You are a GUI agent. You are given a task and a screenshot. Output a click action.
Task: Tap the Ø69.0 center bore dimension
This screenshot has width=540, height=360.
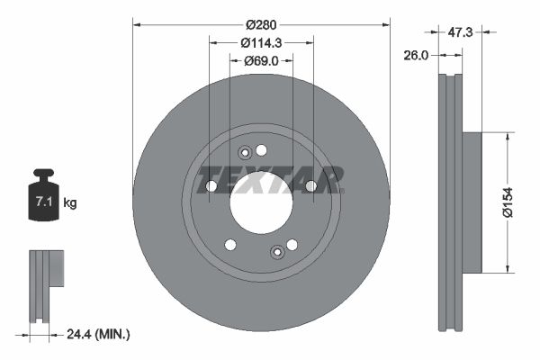pos(262,61)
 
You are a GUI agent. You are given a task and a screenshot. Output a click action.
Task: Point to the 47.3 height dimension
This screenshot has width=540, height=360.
pos(461,31)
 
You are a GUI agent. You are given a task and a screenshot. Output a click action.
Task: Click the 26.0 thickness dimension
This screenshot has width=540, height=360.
pos(417,55)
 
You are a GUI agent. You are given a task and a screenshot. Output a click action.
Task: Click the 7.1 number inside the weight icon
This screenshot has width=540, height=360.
pos(41,203)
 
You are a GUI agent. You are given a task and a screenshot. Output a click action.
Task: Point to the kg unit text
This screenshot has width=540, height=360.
pos(70,203)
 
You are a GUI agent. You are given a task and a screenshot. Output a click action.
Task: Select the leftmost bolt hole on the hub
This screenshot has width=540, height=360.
pos(211,186)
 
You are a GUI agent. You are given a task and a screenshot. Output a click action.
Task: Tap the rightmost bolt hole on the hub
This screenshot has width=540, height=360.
pos(310,186)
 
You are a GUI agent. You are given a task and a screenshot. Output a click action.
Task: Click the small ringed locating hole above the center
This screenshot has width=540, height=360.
pos(244,154)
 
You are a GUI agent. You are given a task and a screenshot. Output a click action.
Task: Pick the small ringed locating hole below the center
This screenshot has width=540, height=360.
pos(277,252)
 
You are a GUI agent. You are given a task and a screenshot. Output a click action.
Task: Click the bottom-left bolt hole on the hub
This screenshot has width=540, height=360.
pos(230,244)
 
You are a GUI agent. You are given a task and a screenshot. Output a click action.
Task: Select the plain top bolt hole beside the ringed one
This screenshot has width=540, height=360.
pos(262,149)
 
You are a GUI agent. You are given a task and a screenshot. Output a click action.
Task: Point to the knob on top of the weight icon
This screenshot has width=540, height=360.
pos(42,172)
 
